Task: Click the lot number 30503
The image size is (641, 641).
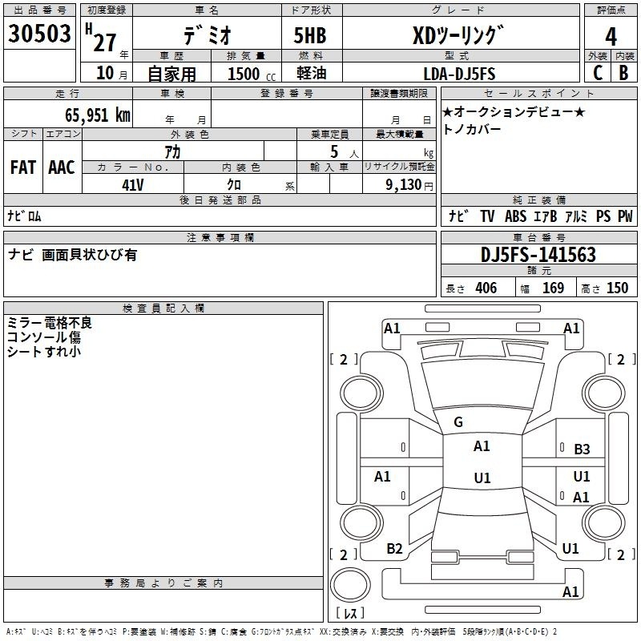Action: coord(39,34)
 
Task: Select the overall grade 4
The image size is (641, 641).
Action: coord(611,37)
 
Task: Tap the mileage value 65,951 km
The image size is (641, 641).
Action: coord(98,115)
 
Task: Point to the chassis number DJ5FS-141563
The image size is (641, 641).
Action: coord(538,255)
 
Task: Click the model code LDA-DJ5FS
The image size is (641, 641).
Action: coord(459,74)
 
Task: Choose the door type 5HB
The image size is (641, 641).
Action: coord(310,35)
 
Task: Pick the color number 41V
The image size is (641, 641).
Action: coord(133,185)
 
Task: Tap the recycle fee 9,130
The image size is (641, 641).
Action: coord(404,185)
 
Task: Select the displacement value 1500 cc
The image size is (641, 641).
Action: coord(252,74)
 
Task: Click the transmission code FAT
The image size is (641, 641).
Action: coord(23,167)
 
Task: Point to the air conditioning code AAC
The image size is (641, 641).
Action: coord(62,167)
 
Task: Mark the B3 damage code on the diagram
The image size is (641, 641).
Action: coord(582,450)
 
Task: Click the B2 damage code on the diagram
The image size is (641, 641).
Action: coord(394,549)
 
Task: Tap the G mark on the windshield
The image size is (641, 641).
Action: coord(458,422)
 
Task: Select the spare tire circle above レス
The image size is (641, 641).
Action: coord(350,585)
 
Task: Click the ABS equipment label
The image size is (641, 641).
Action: coord(515,216)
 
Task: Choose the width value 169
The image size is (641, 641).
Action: coord(553,288)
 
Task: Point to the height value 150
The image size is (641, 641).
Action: coord(617,288)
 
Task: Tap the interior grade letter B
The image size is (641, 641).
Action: coord(623,73)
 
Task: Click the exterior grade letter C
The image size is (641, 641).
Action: coord(598,73)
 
